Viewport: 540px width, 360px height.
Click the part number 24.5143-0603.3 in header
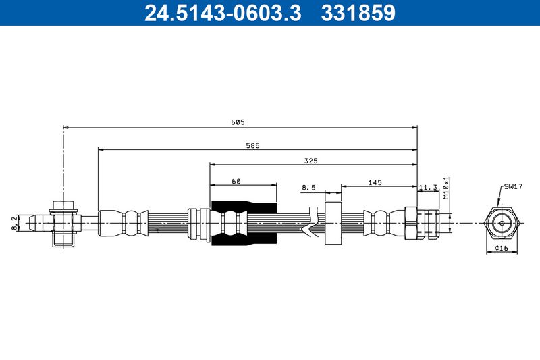coord(223,13)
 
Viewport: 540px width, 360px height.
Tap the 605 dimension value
coord(237,122)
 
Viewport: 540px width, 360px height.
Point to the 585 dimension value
coord(253,145)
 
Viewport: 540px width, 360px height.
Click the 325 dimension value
coord(310,161)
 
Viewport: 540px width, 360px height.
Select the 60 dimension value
coord(236,181)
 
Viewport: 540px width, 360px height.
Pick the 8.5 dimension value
coord(308,187)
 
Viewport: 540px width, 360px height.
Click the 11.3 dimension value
coord(429,187)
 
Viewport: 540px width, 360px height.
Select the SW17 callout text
coord(512,186)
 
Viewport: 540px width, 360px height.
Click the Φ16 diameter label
coord(501,249)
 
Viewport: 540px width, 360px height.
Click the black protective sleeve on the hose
coord(244,222)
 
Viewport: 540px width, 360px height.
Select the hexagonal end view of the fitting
coord(501,222)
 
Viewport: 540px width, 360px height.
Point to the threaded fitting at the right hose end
coord(422,223)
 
